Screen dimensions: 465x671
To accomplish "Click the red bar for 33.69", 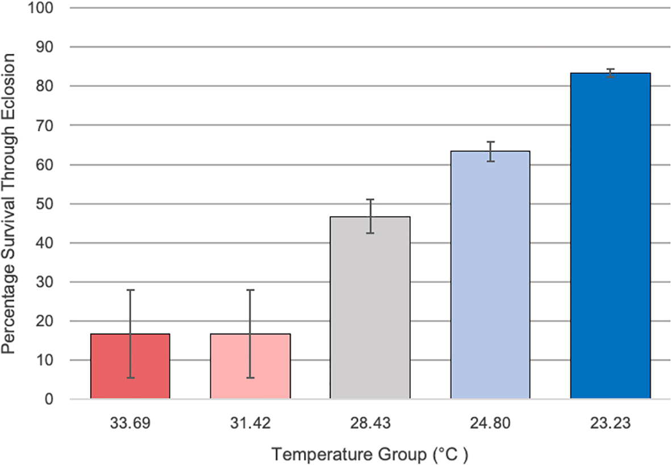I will coord(130,366).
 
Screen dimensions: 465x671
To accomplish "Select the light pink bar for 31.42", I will coord(250,366).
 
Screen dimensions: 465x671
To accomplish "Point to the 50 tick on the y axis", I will coord(47,204).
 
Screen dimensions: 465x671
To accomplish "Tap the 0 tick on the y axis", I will coord(50,400).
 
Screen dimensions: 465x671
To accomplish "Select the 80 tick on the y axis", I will coord(47,87).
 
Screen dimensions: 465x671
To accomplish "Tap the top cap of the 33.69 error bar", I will coord(130,290).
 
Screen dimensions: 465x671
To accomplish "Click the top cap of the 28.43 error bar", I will coord(370,200).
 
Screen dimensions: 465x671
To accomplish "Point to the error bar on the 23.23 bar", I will coord(610,73).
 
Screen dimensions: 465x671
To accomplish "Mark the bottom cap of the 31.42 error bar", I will coord(250,378).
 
